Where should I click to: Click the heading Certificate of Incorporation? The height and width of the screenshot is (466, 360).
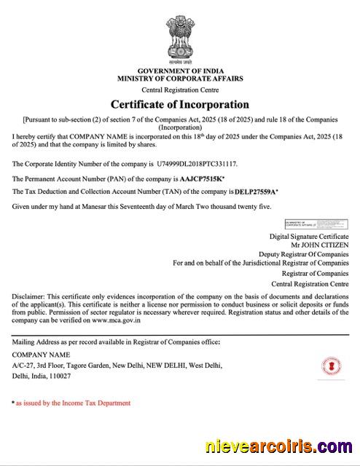[x=179, y=104]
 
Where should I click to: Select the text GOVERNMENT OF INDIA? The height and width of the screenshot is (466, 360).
[x=179, y=70]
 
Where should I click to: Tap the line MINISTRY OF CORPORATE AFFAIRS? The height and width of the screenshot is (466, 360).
[x=179, y=78]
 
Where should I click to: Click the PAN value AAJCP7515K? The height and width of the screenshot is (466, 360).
[x=201, y=178]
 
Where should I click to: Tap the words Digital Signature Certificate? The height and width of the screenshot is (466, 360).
[x=309, y=237]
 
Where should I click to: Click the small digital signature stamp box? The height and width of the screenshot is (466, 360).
[x=315, y=223]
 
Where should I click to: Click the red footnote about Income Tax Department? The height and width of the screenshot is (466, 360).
[x=73, y=403]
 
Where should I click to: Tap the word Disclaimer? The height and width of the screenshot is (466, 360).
[x=28, y=296]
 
